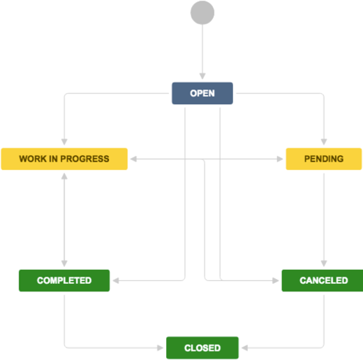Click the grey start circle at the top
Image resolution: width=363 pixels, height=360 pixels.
click(x=202, y=13)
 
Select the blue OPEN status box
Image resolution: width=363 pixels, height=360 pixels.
click(x=202, y=93)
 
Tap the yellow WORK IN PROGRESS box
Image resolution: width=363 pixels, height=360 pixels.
click(x=64, y=159)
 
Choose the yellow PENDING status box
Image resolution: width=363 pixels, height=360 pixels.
click(x=324, y=159)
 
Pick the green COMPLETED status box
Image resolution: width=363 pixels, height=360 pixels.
click(x=64, y=280)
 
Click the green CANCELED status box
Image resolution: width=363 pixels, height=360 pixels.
click(x=323, y=280)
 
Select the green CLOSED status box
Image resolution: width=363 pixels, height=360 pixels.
click(x=202, y=347)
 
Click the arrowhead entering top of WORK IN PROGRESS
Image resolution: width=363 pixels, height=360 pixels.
click(x=64, y=143)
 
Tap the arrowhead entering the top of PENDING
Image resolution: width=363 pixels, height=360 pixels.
click(x=324, y=143)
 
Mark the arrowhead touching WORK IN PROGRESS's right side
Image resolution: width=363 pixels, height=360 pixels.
click(x=132, y=159)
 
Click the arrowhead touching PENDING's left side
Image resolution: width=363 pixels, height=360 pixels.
click(x=281, y=159)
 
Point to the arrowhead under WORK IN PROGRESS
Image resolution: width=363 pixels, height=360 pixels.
click(x=64, y=174)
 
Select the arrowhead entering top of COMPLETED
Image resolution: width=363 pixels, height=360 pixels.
click(x=64, y=265)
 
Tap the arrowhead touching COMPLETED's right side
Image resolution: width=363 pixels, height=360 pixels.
click(x=115, y=280)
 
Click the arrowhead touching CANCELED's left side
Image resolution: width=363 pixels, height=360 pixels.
click(x=277, y=280)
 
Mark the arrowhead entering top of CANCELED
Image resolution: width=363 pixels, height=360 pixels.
click(x=324, y=265)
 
